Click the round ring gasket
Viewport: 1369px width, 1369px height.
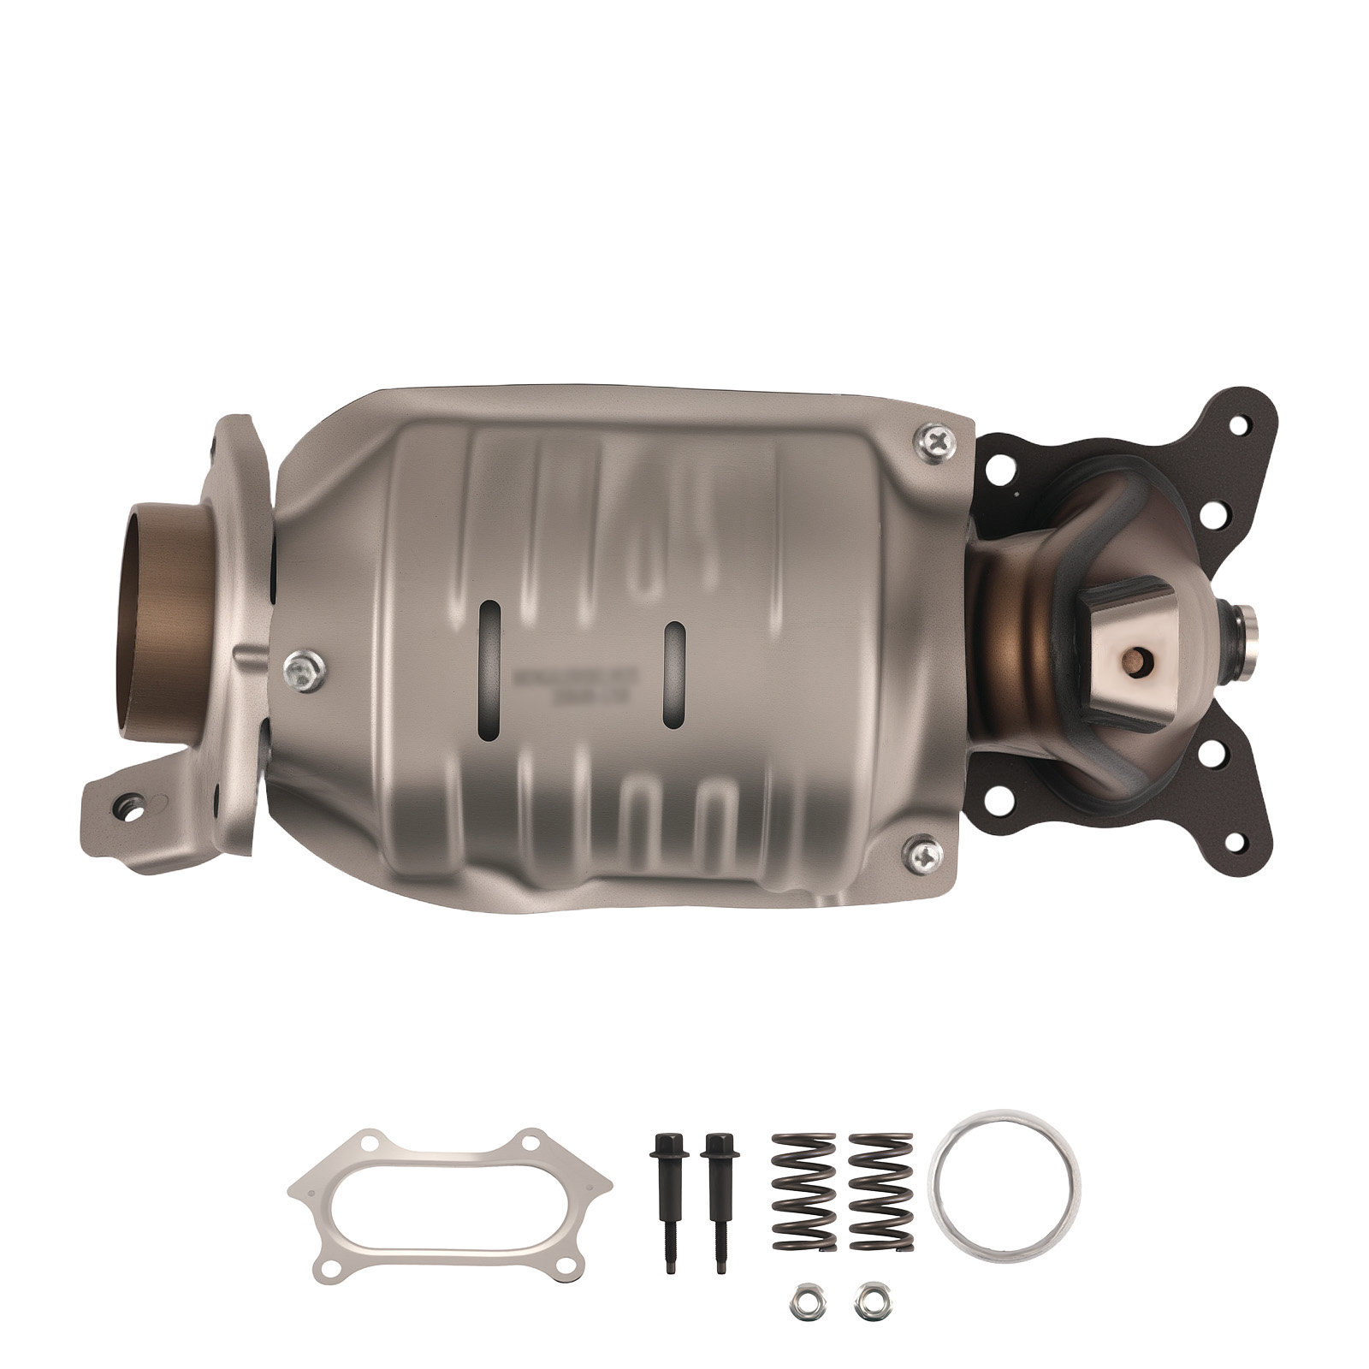pos(1004,1182)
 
